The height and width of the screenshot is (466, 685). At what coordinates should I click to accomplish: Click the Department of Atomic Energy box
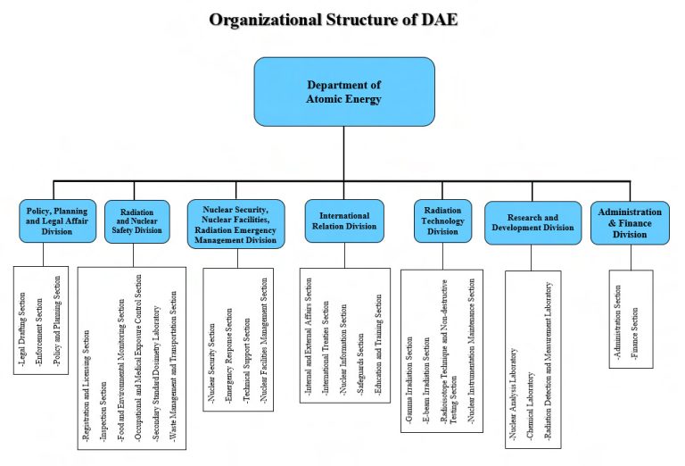pos(344,91)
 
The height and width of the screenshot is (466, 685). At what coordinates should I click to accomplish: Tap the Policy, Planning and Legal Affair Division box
pos(57,221)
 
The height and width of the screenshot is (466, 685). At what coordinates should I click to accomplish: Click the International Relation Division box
pos(344,221)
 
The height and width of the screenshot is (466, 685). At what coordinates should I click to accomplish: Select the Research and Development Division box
pos(532,221)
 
